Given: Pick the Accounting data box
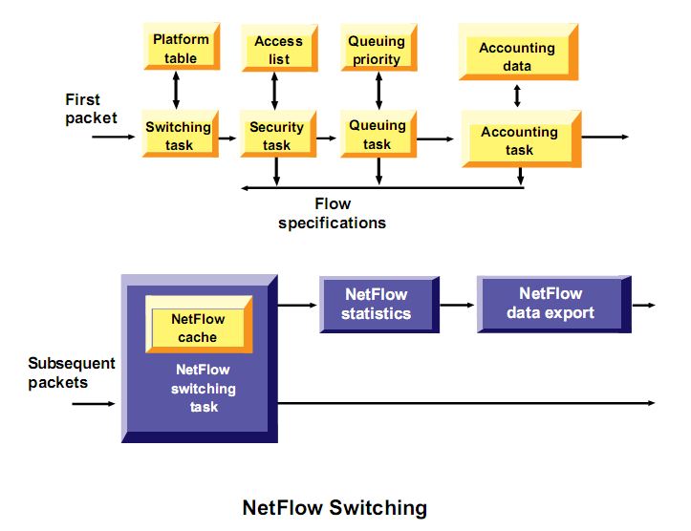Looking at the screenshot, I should (x=517, y=56).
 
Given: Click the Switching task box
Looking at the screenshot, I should (x=178, y=136).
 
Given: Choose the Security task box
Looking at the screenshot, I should (x=276, y=136).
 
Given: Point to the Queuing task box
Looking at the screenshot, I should (x=377, y=135).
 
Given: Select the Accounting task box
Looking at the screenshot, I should (x=519, y=140).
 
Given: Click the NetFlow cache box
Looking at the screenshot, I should (x=198, y=328).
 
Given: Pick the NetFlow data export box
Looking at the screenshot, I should (x=551, y=304).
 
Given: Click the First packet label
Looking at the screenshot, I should (x=91, y=109).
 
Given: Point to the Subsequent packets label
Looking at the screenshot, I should (x=72, y=372).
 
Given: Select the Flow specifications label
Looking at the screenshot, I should (x=333, y=213).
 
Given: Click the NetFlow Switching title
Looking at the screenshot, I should (x=335, y=507).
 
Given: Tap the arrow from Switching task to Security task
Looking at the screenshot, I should (x=227, y=138).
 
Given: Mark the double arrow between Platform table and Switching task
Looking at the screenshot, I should (x=176, y=90).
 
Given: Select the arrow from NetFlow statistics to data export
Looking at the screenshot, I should (x=456, y=305).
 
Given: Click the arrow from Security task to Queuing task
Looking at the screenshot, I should (x=326, y=138).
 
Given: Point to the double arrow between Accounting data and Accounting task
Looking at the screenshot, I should (x=518, y=96).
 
